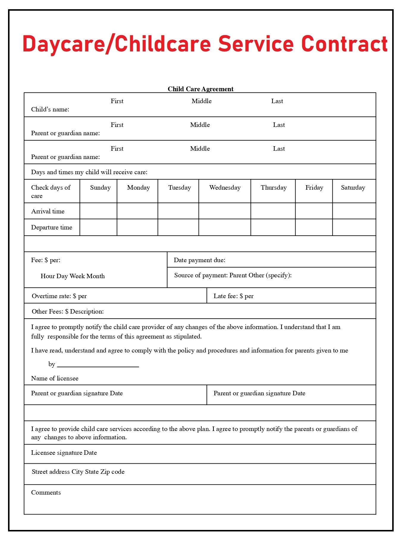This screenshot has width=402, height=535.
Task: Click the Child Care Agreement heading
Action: (x=200, y=89)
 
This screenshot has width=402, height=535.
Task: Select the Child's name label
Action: (x=50, y=109)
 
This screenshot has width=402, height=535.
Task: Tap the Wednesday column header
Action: (x=225, y=188)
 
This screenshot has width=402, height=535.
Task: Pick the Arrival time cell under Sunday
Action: (x=98, y=211)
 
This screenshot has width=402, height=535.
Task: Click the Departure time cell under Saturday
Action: (x=354, y=227)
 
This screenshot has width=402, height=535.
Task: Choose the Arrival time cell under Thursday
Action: (x=273, y=211)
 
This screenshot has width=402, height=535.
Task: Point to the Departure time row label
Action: (x=52, y=227)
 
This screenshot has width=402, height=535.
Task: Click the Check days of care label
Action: (x=51, y=191)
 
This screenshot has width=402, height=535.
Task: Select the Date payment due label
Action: (x=200, y=260)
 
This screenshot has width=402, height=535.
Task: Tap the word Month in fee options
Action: (x=96, y=276)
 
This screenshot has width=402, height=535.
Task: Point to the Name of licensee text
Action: (x=55, y=378)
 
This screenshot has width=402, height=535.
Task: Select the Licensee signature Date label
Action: (x=64, y=453)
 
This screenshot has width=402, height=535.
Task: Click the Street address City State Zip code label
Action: (x=78, y=472)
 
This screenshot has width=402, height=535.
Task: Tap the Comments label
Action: (x=46, y=492)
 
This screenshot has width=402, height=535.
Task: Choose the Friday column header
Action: (x=314, y=188)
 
